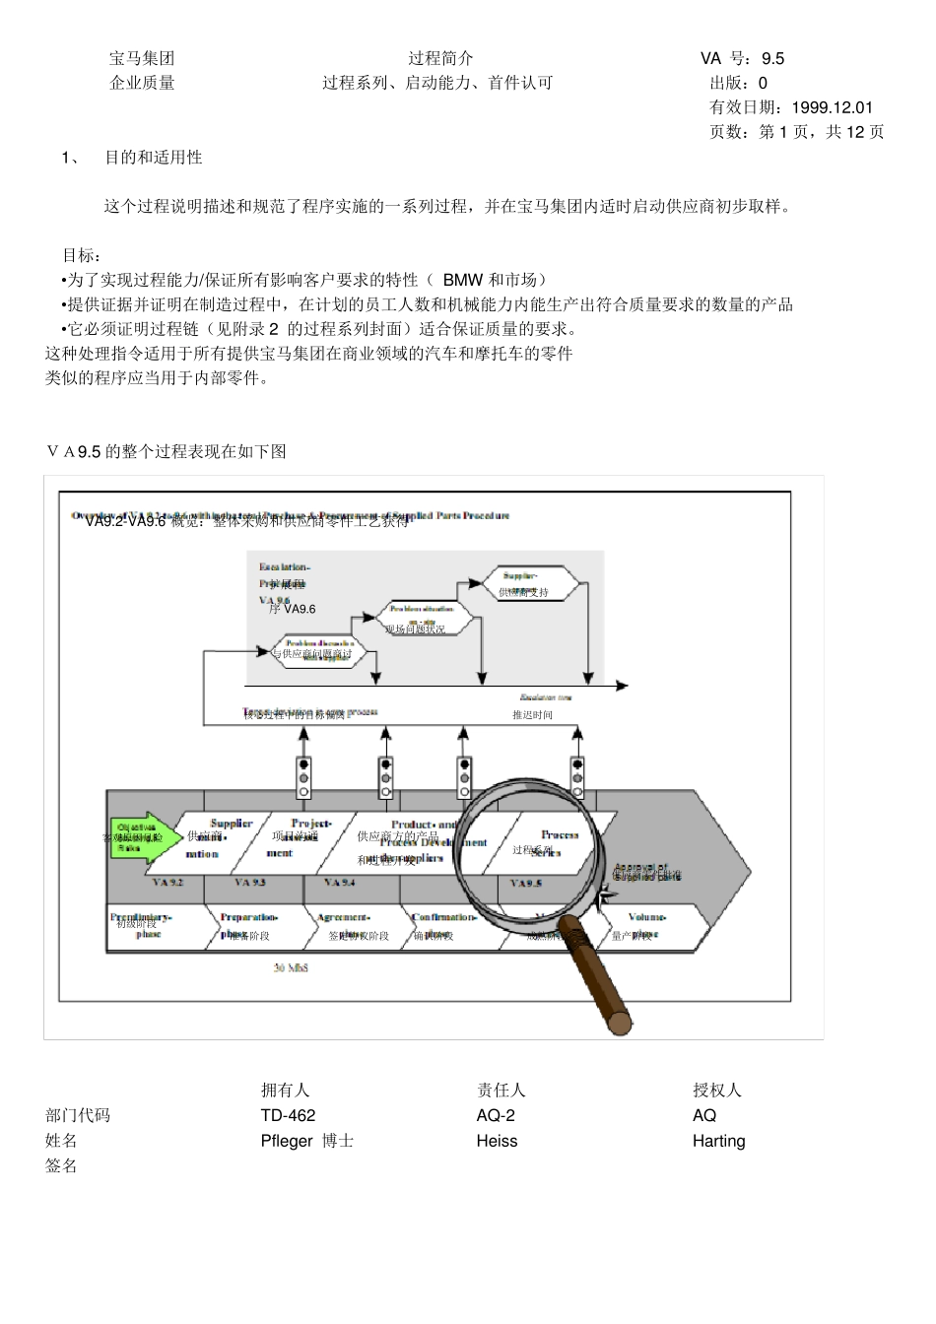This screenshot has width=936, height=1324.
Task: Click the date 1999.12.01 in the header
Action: (832, 108)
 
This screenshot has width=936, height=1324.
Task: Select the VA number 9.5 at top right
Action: (772, 59)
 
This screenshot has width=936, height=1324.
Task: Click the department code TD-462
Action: (289, 1116)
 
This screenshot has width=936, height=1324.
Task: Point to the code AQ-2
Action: (496, 1116)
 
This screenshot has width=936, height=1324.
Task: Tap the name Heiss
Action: (497, 1142)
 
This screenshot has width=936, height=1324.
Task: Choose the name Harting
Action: (718, 1142)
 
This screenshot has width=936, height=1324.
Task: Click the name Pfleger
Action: (287, 1142)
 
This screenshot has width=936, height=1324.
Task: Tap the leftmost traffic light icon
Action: (303, 777)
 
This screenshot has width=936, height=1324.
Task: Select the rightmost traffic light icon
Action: (577, 777)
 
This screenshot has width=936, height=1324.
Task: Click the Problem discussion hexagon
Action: (318, 650)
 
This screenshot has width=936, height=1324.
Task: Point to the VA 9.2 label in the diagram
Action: (168, 883)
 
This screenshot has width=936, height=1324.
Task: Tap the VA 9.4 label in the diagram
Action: (340, 883)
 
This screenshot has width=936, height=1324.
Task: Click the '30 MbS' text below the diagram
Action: (291, 969)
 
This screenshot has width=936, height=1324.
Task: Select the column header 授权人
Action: (716, 1091)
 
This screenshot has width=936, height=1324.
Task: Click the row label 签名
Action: (61, 1166)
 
